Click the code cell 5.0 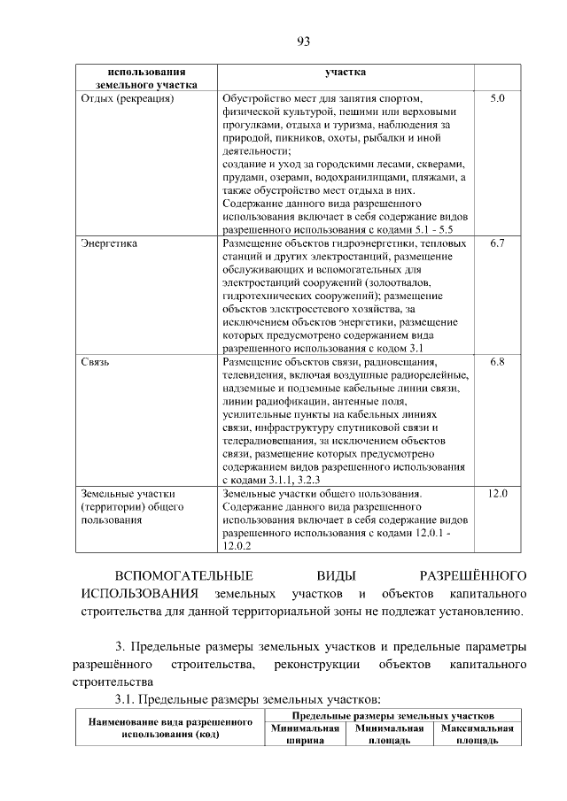click(x=497, y=99)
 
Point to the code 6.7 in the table click(x=497, y=242)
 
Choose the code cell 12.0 click(x=497, y=493)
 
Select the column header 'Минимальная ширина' click(x=306, y=735)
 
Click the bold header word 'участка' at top click(x=346, y=71)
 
